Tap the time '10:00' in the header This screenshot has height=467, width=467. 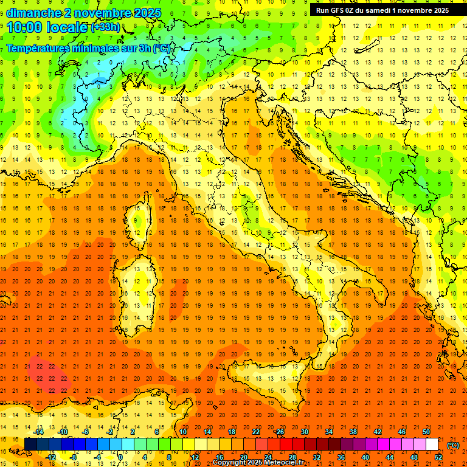(x=27, y=27)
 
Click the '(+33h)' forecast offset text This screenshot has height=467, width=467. (x=106, y=27)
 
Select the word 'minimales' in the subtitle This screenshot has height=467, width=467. (x=99, y=48)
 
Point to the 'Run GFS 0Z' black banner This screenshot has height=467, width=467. (x=382, y=10)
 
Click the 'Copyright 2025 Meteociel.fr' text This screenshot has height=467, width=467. (x=258, y=463)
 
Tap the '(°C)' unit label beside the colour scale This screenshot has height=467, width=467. (x=453, y=445)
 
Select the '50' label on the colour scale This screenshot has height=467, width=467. (x=426, y=432)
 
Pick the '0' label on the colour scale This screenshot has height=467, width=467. (x=120, y=457)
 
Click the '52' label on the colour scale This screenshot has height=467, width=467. (x=438, y=457)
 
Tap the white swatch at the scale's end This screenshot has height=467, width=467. (x=432, y=445)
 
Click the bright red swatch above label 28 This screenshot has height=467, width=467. (x=286, y=445)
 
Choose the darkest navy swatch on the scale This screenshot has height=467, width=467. (x=30, y=445)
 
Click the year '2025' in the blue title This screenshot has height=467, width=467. (x=147, y=13)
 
